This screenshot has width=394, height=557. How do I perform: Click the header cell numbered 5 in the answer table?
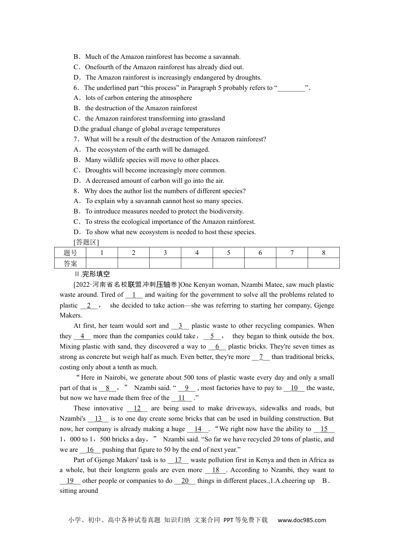click(229, 253)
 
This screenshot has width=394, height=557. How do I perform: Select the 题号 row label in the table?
click(70, 253)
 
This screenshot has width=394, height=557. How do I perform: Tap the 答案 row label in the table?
click(70, 264)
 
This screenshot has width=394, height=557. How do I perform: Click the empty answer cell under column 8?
click(323, 264)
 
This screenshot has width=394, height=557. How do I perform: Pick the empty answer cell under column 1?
click(102, 264)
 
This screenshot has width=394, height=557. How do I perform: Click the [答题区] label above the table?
click(86, 242)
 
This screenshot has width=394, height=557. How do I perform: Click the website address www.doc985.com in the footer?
click(302, 520)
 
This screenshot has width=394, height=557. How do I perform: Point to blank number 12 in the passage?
click(137, 408)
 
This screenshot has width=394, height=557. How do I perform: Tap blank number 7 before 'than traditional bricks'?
click(261, 357)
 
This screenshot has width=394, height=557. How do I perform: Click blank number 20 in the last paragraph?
click(185, 481)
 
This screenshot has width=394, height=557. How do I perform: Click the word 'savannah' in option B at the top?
click(226, 57)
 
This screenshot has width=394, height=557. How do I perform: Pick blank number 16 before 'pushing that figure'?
click(90, 450)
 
